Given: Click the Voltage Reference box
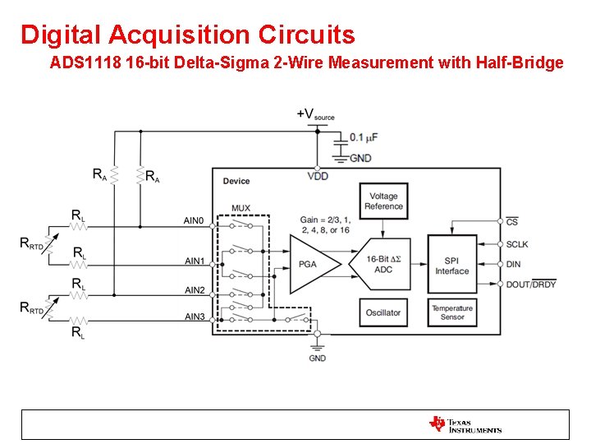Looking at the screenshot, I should click(x=383, y=201).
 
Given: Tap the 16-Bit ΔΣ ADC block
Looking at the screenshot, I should click(x=383, y=264).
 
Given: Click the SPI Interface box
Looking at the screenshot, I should click(x=451, y=265).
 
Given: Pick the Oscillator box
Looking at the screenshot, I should click(x=383, y=312).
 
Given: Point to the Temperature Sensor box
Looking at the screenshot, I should click(x=451, y=312).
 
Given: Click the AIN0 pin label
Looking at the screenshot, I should click(x=195, y=220).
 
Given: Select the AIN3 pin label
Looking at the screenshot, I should click(x=195, y=317).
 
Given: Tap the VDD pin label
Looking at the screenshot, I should click(x=317, y=177).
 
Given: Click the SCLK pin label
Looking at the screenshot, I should click(x=517, y=244).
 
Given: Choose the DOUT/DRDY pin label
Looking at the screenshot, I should click(x=531, y=284).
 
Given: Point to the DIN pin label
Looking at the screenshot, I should click(x=514, y=264).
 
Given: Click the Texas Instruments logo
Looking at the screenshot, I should click(x=465, y=424).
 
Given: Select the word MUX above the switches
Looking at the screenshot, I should click(x=241, y=208).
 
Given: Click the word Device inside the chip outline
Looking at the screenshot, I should click(x=236, y=181).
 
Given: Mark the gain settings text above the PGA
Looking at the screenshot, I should click(x=324, y=224).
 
